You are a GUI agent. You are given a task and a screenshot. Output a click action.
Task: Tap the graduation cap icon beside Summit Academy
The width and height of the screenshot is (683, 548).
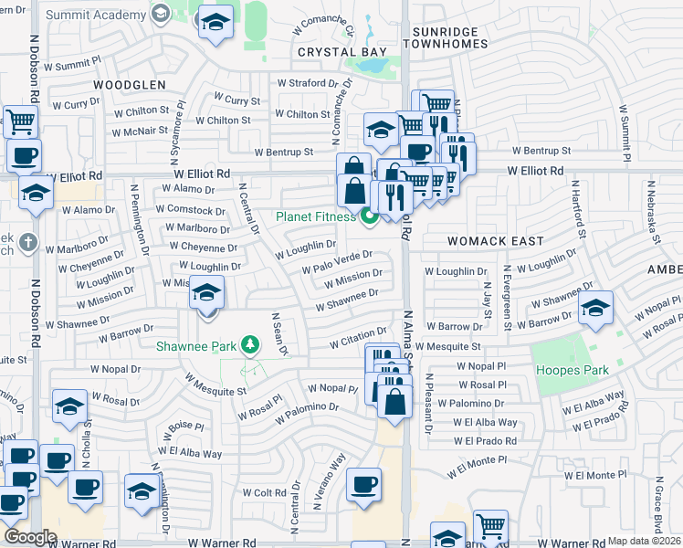(215, 23)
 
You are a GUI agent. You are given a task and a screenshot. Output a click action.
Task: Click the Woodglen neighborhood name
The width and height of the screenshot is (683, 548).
(129, 85)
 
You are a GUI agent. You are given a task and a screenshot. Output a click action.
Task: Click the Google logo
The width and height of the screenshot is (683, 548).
(29, 537)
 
